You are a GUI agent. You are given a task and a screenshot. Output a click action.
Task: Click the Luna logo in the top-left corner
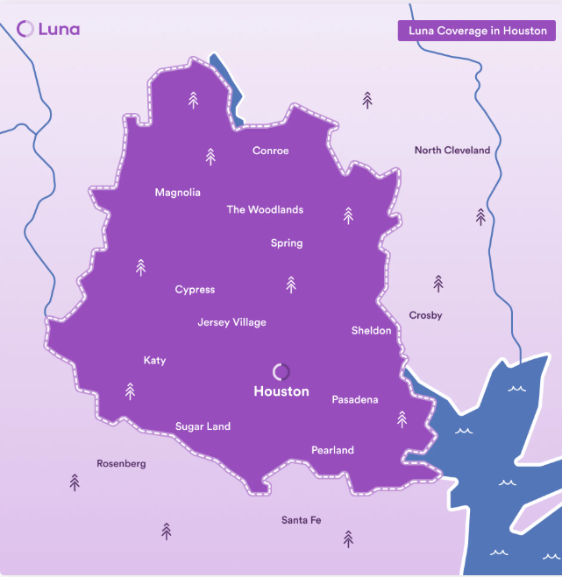pos(48,29)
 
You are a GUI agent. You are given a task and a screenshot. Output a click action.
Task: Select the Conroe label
pos(270,151)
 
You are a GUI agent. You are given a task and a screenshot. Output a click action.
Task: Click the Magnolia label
pos(177,193)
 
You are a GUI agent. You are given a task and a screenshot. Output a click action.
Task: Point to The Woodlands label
pos(265,210)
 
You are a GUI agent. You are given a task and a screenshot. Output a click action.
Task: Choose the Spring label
pos(287,243)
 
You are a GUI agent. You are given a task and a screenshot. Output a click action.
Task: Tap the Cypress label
pos(195,290)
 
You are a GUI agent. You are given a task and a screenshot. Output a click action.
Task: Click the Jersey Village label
pos(231,322)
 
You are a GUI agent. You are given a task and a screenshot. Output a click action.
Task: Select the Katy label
pos(154,361)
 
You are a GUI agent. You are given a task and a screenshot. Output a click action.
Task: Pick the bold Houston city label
pos(281,391)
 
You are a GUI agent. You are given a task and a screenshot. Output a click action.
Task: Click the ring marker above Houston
pos(281,372)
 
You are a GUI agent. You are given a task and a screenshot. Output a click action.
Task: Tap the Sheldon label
pos(371,331)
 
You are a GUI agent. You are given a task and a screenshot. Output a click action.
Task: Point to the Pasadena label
pos(354,400)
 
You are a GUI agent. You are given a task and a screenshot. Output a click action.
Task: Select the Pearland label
pos(332,450)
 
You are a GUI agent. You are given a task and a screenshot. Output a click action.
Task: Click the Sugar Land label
pos(203,426)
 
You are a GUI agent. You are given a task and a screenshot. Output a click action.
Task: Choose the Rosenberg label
pos(121,463)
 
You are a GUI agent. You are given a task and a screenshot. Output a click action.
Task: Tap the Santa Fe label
pos(301,520)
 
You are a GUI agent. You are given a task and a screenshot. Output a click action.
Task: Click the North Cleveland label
pos(452,151)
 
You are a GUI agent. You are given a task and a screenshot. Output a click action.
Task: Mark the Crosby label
pos(425,315)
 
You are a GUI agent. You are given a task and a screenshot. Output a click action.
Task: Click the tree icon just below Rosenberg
pos(75,482)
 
